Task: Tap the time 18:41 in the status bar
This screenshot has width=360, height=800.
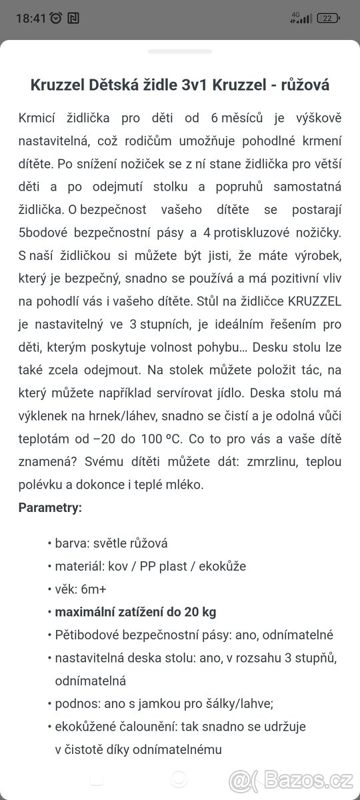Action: click(x=31, y=18)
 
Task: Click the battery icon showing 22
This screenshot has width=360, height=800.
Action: click(x=328, y=18)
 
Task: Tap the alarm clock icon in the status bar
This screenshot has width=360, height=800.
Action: click(x=56, y=18)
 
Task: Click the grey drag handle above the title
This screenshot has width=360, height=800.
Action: click(x=179, y=51)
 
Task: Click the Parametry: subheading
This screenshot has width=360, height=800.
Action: click(x=50, y=507)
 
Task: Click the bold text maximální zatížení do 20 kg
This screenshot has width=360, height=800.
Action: click(x=135, y=612)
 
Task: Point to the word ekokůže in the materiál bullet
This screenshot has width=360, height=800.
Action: click(x=222, y=566)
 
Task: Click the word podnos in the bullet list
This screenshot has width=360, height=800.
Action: click(x=74, y=703)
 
